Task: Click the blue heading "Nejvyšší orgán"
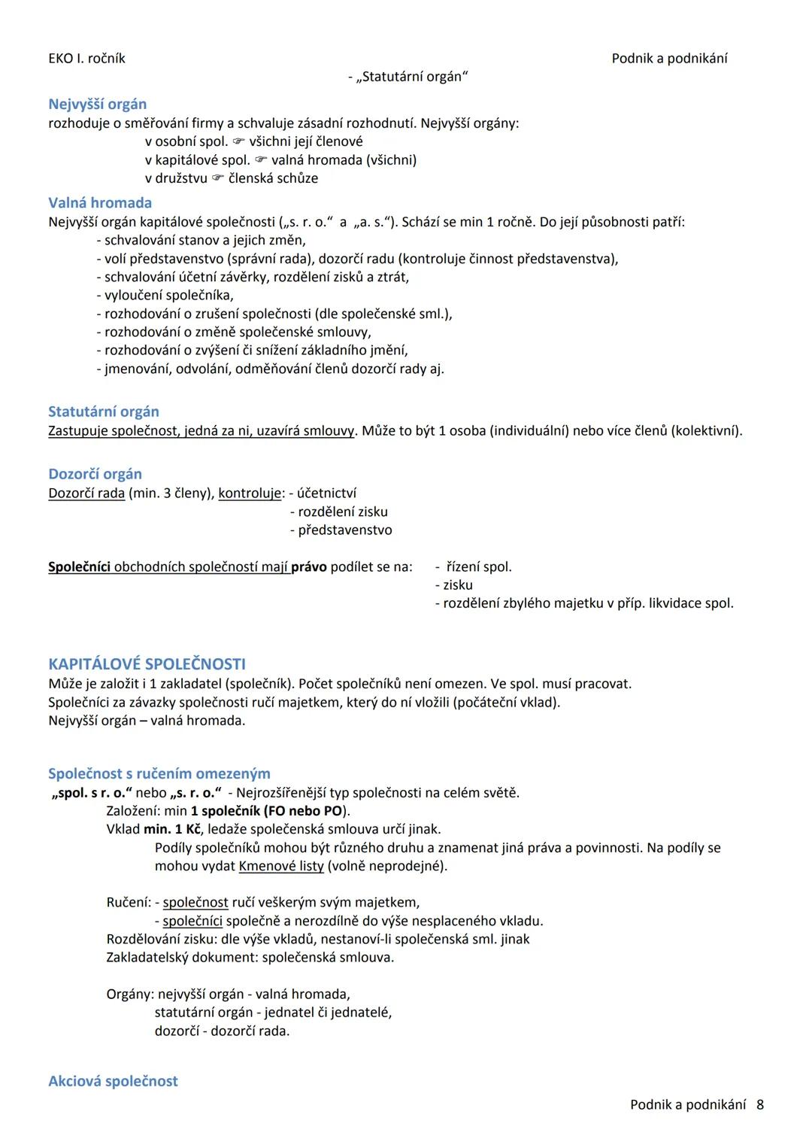click(x=97, y=105)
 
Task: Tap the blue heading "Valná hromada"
click(x=100, y=203)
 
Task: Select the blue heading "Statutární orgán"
click(x=104, y=412)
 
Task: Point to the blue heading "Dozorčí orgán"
click(x=95, y=474)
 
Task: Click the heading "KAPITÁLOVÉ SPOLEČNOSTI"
click(x=147, y=664)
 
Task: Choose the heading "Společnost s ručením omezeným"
click(x=159, y=773)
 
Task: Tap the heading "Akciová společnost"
click(x=113, y=1081)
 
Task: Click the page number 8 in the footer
click(x=760, y=1104)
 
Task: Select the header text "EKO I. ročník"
click(x=86, y=59)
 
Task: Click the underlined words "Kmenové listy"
click(x=281, y=866)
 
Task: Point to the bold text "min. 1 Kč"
click(x=172, y=829)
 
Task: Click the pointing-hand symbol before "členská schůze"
click(x=218, y=179)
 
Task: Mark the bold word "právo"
click(x=309, y=567)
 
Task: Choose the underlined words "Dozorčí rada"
click(x=86, y=494)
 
